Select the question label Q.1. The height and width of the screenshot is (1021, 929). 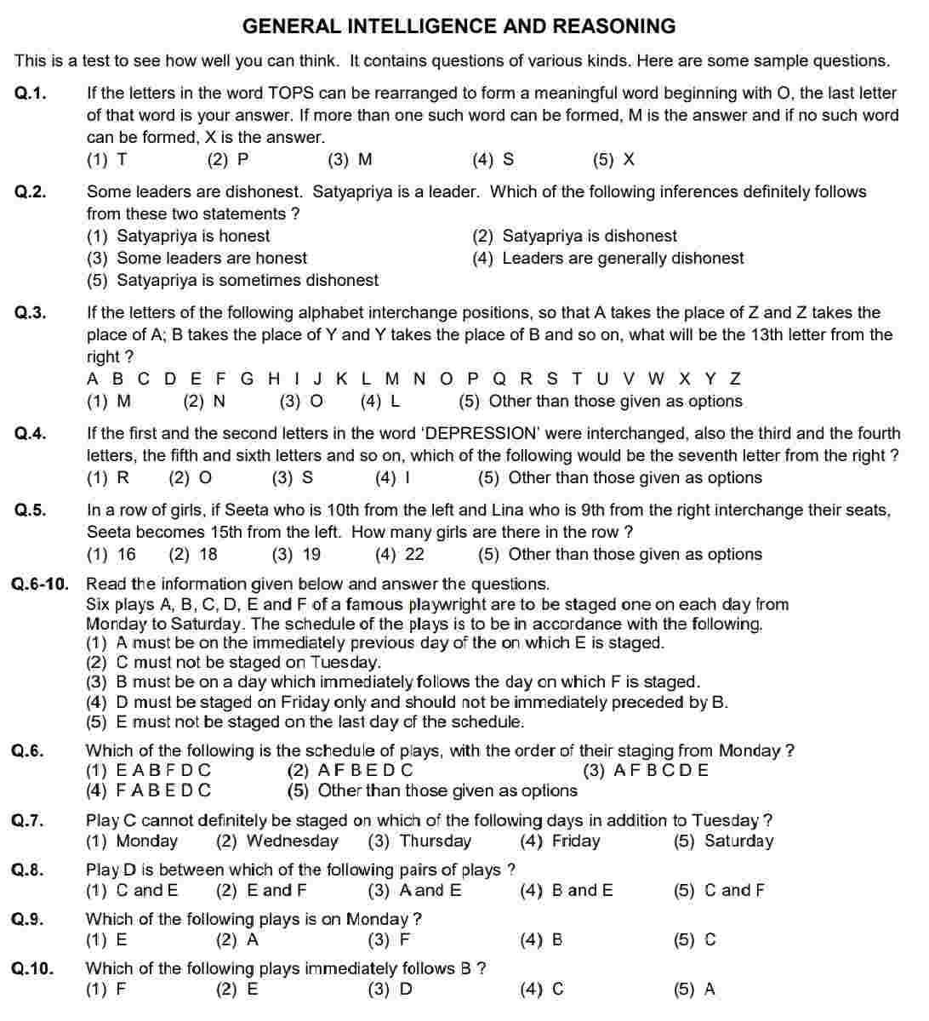[x=31, y=94]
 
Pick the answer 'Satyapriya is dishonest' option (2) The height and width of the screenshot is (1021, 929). [x=575, y=237]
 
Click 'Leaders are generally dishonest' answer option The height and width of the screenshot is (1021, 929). [x=608, y=259]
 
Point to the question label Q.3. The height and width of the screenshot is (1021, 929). [x=31, y=313]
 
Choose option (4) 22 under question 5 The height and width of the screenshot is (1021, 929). [x=400, y=555]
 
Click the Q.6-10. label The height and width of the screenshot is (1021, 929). [x=40, y=585]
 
